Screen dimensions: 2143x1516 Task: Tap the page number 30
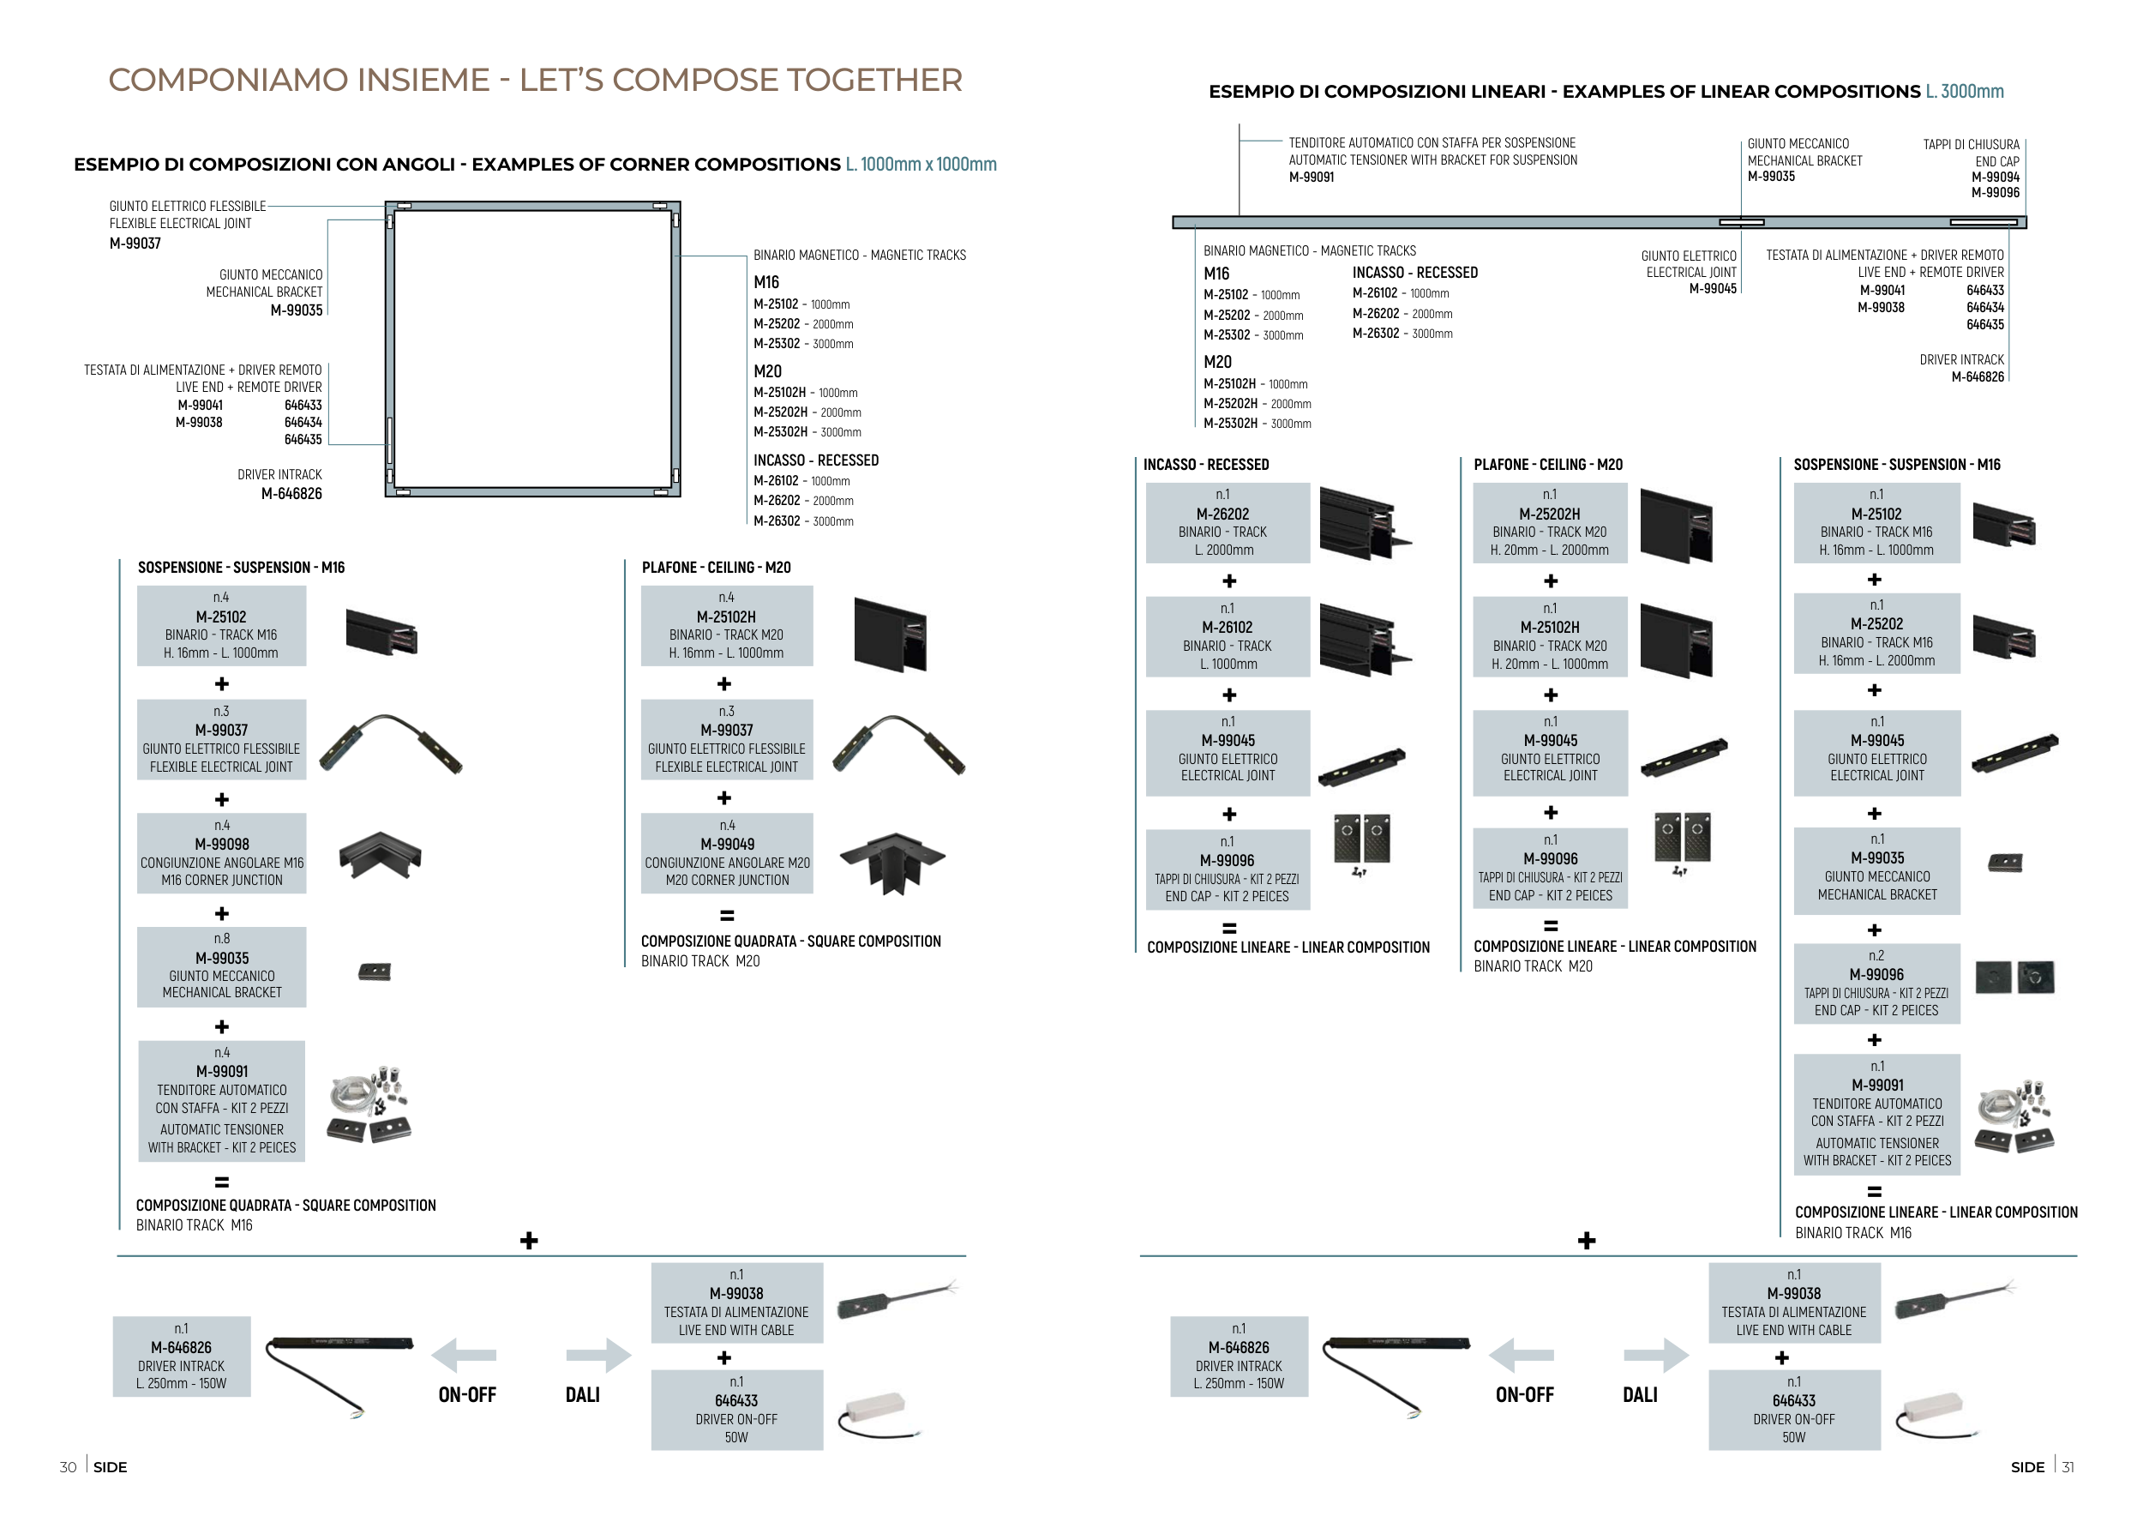tap(68, 1466)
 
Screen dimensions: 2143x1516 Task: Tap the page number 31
tap(2068, 1466)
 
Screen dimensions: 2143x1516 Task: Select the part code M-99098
tap(222, 844)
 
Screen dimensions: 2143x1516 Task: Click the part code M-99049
tap(727, 844)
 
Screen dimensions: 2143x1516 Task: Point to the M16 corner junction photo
tap(380, 855)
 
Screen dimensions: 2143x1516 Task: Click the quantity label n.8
tap(222, 938)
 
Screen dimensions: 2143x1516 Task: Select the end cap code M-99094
tap(1996, 177)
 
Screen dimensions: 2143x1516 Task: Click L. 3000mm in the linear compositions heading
tap(1964, 92)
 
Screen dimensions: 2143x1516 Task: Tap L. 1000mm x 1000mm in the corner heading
tap(921, 165)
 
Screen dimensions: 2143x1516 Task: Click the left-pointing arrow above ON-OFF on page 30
tap(464, 1356)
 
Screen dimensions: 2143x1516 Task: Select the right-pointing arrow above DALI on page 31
tap(1656, 1356)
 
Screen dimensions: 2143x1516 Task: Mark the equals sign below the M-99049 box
tap(727, 916)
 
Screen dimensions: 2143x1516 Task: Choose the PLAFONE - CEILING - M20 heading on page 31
tap(1548, 465)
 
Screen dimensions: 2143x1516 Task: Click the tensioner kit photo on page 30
tap(369, 1104)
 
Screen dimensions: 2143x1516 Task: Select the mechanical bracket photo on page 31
tap(2005, 863)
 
